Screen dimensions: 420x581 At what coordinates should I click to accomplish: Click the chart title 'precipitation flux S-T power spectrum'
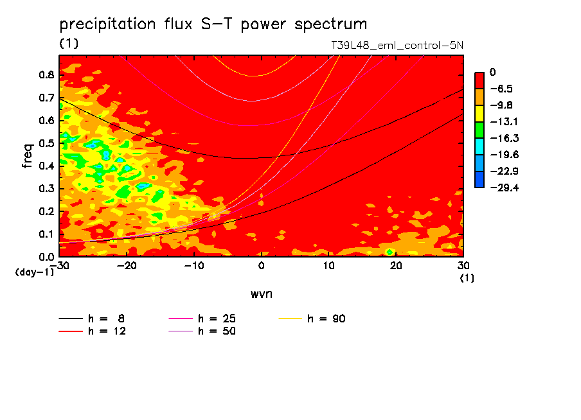(213, 24)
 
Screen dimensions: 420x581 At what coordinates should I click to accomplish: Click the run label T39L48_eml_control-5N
(395, 45)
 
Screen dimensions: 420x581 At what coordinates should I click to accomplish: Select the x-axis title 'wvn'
(261, 293)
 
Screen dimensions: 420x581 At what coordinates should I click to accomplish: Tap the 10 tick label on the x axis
(328, 265)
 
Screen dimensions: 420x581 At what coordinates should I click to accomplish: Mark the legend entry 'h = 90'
(327, 319)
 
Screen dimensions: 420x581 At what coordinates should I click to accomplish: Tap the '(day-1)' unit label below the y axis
(34, 272)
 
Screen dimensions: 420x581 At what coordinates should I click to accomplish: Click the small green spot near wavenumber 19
(389, 251)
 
